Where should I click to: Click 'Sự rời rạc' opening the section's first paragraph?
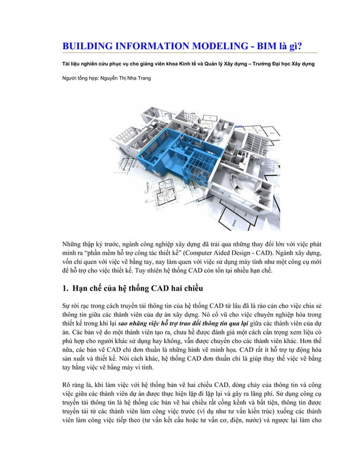pos(78,306)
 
